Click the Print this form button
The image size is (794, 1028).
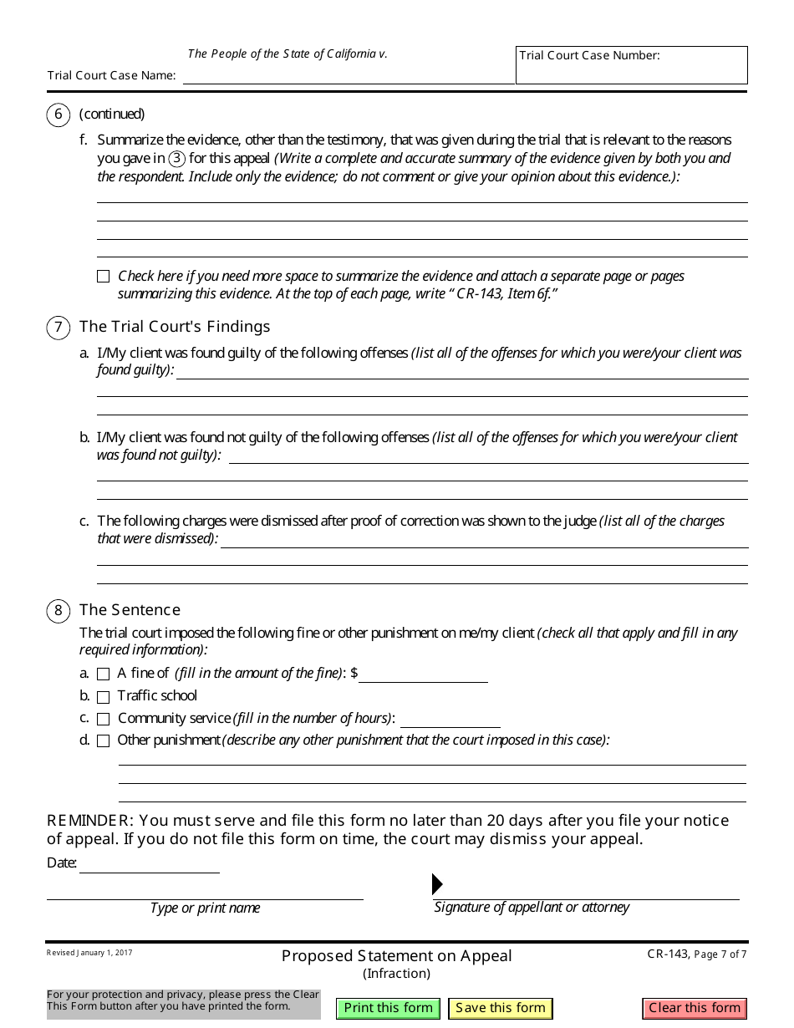click(388, 1008)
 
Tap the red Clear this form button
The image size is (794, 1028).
click(695, 1008)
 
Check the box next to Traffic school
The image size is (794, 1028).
click(104, 697)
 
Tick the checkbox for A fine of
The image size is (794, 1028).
click(104, 674)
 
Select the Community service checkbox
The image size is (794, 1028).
click(104, 719)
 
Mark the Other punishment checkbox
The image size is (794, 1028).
click(104, 740)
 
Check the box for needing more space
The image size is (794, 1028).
click(104, 277)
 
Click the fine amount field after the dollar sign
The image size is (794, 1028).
click(423, 674)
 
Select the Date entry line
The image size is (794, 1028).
click(149, 864)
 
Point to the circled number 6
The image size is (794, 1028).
click(58, 115)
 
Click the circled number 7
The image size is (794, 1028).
click(58, 327)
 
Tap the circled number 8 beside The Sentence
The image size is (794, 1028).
click(58, 611)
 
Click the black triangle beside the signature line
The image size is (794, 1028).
click(437, 884)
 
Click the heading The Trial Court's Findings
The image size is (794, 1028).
click(175, 327)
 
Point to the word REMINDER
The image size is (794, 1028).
click(89, 821)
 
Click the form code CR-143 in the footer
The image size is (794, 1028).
click(668, 954)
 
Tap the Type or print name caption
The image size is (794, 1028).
click(205, 908)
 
